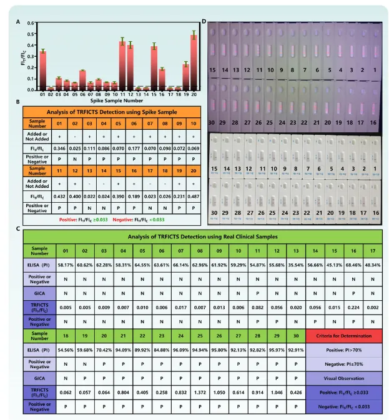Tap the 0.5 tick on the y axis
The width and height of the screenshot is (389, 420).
[31, 31]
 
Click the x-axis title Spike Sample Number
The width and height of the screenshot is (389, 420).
[117, 100]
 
